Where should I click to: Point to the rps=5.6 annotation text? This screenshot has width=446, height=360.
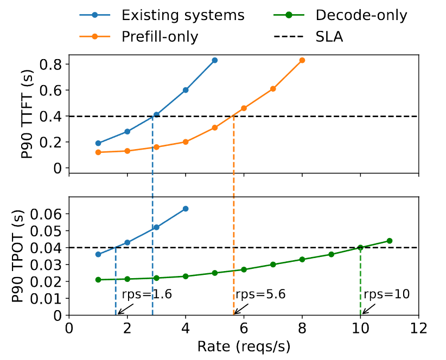[x=260, y=294]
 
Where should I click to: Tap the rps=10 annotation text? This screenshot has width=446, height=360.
[x=386, y=294]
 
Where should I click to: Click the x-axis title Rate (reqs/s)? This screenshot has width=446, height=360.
[x=243, y=347]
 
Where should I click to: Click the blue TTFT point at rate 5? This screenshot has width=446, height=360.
[x=215, y=60]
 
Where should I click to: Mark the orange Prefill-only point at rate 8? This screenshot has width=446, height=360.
[x=302, y=60]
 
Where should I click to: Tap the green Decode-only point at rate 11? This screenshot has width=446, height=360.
[x=390, y=241]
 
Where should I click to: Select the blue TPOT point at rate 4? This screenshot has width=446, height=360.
[x=186, y=209]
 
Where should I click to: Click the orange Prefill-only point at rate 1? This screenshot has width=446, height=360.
[x=98, y=152]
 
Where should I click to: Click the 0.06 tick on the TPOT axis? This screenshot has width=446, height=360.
[x=47, y=214]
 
